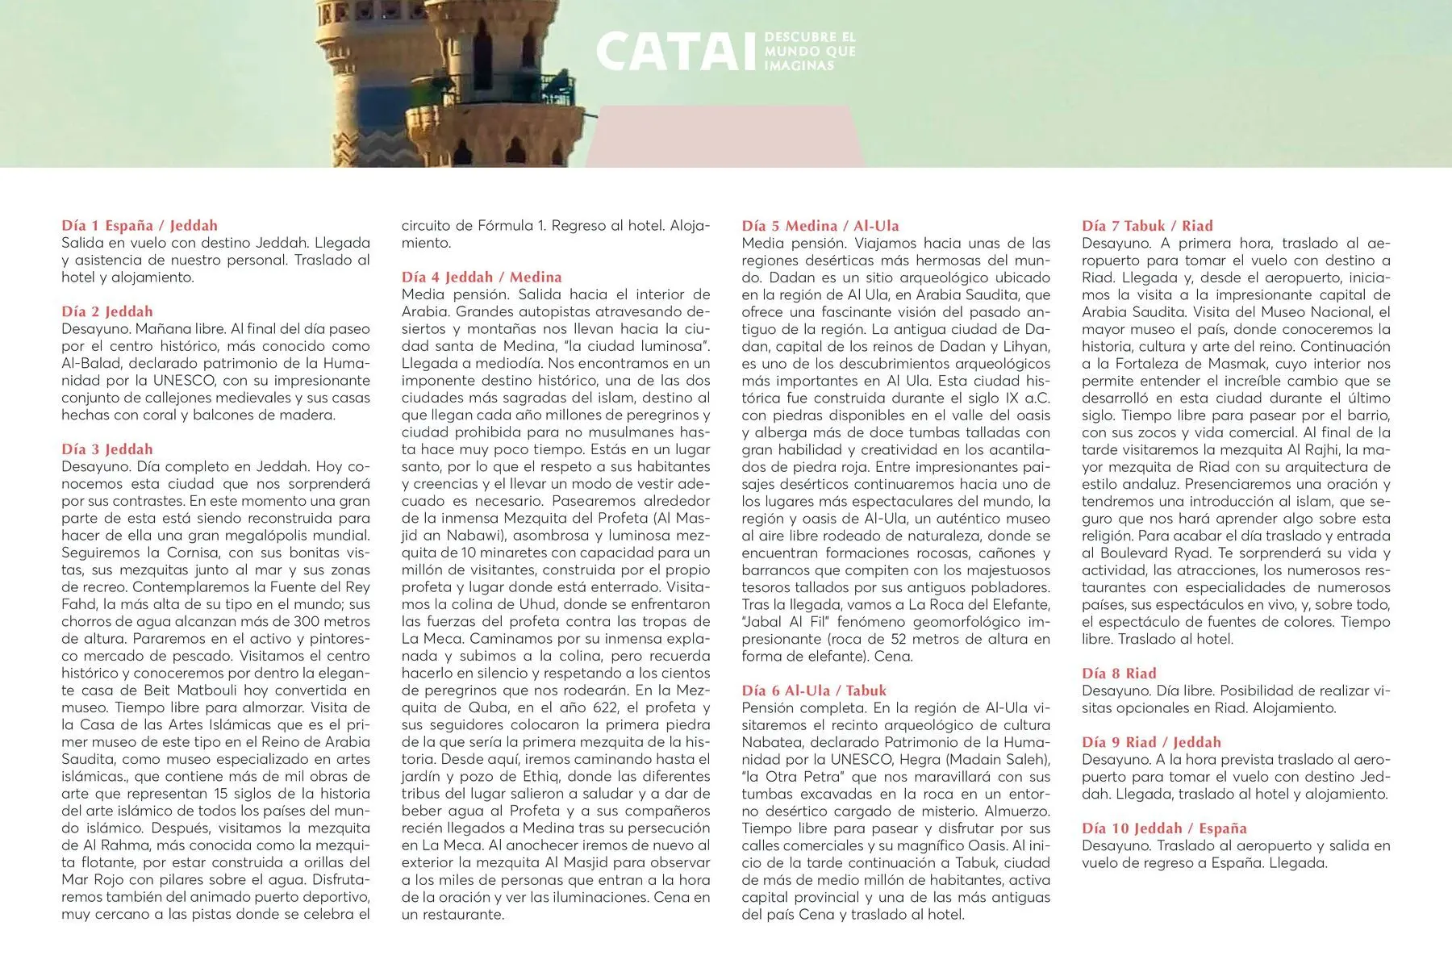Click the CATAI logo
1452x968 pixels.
tap(669, 52)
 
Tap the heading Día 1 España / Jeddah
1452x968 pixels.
tap(140, 226)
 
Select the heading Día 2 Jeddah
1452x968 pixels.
tap(107, 311)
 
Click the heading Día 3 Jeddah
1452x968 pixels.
tap(107, 449)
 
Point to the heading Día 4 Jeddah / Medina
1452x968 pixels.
tap(482, 277)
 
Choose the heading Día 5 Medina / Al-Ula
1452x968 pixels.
tap(820, 226)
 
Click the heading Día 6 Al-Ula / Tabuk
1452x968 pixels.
tap(814, 691)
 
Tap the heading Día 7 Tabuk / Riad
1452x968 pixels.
tap(1147, 226)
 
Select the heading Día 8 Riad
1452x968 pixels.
tap(1119, 674)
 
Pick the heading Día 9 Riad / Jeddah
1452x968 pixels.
tap(1151, 742)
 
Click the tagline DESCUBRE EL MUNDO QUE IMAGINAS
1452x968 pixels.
tap(809, 52)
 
